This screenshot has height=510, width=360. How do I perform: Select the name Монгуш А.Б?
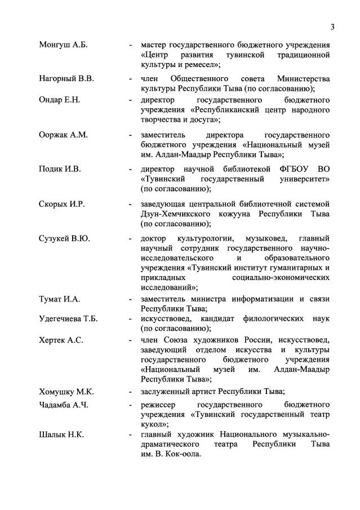tap(64, 45)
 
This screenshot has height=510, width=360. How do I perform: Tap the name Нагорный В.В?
tap(66, 78)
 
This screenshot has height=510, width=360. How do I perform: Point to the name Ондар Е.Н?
tap(60, 100)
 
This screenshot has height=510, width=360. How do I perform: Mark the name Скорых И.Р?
tap(61, 203)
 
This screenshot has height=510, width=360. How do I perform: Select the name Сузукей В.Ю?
tap(64, 238)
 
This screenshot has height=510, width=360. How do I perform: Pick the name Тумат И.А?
tap(59, 298)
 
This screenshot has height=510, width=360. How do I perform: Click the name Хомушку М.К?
tap(66, 392)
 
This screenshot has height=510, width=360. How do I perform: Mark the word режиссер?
tap(159, 405)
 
